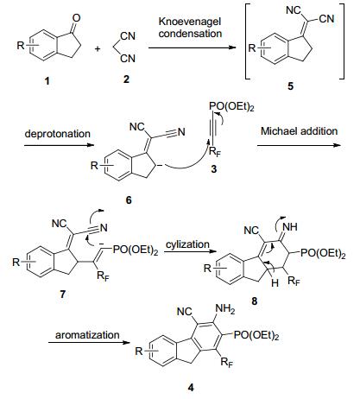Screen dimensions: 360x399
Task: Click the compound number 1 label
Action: click(47, 81)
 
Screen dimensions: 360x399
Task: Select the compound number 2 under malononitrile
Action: click(126, 79)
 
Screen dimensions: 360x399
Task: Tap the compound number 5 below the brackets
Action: click(291, 85)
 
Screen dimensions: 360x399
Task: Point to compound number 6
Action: click(129, 199)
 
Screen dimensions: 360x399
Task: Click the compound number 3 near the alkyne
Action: click(213, 168)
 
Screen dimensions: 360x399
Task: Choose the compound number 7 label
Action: click(62, 294)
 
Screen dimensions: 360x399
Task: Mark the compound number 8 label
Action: click(255, 301)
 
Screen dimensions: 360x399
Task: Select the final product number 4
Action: click(191, 388)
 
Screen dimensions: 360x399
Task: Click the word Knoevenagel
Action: click(190, 22)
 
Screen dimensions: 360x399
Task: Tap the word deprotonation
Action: click(58, 134)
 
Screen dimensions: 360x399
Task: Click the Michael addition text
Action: click(299, 131)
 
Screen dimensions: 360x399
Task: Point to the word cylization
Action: click(187, 244)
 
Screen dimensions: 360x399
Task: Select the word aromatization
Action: click(87, 335)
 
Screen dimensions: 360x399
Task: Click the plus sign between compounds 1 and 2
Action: click(98, 49)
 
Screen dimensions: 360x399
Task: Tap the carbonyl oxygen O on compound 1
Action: click(77, 18)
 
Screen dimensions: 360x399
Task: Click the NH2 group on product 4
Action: click(225, 309)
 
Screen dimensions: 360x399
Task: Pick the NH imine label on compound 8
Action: click(290, 227)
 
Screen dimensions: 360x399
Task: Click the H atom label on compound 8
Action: click(275, 283)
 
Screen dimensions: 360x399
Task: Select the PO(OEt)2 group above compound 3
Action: click(231, 107)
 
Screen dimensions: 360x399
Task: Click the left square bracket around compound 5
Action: click(246, 41)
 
